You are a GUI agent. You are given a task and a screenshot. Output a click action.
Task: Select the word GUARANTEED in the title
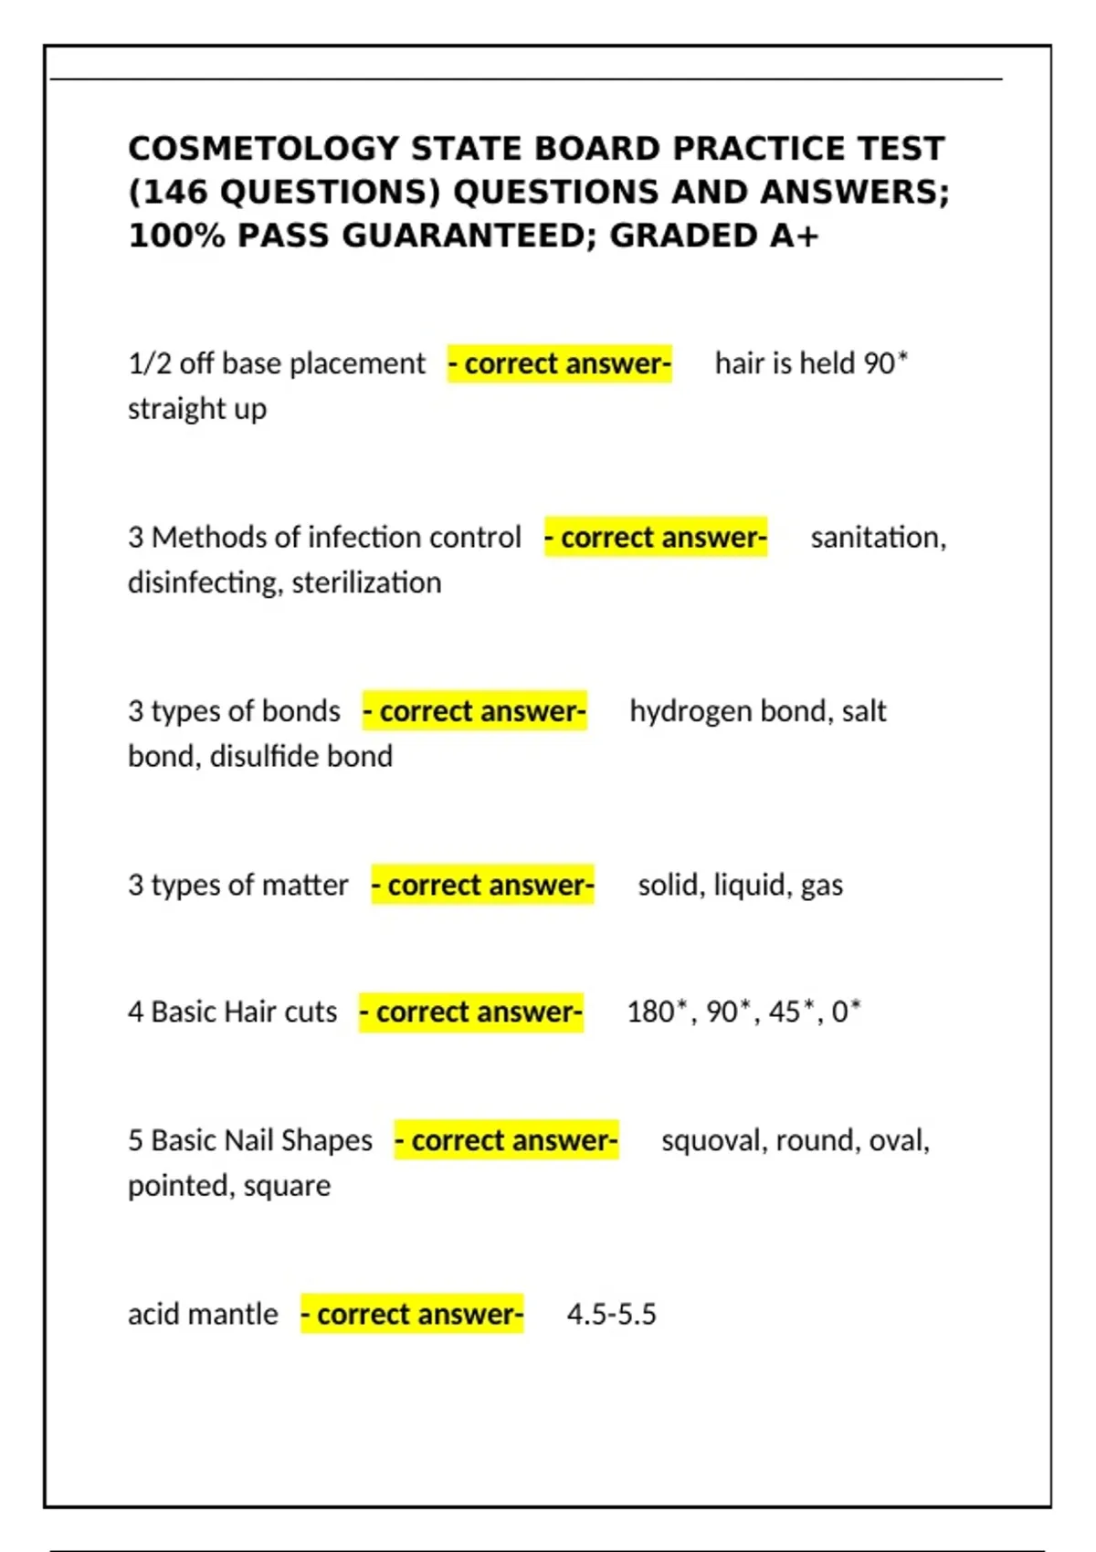pos(468,236)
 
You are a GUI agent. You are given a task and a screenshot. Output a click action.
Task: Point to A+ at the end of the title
pos(794,236)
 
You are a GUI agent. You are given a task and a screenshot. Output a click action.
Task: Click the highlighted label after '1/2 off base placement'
pos(559,363)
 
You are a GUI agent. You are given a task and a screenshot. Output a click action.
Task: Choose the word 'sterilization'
pos(366,582)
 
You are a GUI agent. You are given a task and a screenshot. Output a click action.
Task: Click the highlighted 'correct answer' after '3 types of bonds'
pos(474,711)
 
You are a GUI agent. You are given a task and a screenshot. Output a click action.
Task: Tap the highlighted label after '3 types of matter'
pos(482,885)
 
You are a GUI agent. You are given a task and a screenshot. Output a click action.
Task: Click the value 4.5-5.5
pos(611,1314)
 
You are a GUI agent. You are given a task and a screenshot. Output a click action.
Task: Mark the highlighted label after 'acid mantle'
pos(412,1314)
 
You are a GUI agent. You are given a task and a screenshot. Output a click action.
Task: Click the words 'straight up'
pos(197,409)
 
